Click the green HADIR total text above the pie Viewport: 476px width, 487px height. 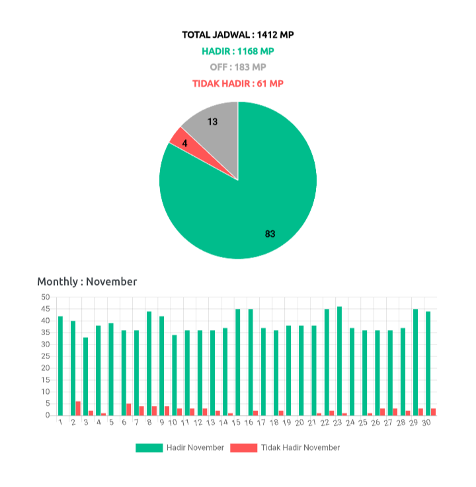click(238, 51)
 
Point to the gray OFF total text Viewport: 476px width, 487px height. click(238, 67)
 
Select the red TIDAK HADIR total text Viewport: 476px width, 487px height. click(238, 84)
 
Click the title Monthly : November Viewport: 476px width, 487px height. click(87, 282)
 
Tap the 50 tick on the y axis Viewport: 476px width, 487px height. click(46, 297)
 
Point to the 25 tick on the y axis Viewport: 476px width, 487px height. click(46, 356)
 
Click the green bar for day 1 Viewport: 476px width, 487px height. click(61, 365)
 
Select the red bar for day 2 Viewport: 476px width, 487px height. click(79, 408)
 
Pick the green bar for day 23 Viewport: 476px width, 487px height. click(339, 360)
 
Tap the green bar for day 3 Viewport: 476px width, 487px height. click(86, 375)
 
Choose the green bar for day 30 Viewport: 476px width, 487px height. click(428, 363)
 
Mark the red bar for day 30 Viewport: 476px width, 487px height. click(434, 411)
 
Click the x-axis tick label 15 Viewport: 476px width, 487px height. click(236, 422)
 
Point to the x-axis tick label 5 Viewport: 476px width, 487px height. click(111, 422)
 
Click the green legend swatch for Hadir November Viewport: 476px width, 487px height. click(149, 447)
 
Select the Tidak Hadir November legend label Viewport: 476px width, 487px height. click(301, 447)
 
